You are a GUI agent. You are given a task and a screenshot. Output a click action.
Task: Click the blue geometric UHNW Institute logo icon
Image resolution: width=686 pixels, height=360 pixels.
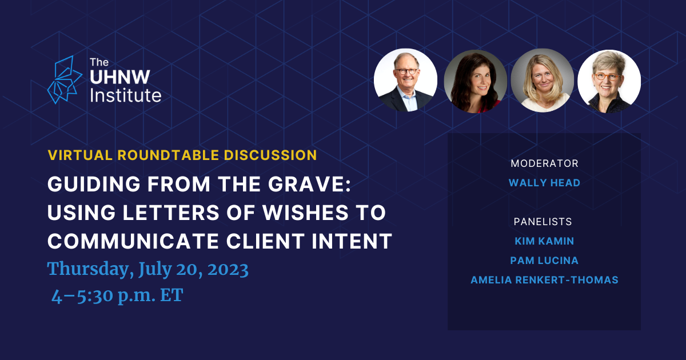coord(65,80)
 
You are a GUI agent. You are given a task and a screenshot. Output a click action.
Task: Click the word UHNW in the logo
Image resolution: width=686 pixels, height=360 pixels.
coord(120,77)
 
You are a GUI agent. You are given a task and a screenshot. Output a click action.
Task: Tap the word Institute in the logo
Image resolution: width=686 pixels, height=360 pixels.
coord(126,95)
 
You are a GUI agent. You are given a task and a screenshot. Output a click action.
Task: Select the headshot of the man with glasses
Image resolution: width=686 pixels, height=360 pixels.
coord(405,80)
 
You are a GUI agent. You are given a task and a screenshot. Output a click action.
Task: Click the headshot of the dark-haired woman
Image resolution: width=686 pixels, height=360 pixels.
coord(475,81)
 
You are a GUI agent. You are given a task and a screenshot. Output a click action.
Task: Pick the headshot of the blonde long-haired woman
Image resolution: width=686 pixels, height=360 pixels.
coord(543,80)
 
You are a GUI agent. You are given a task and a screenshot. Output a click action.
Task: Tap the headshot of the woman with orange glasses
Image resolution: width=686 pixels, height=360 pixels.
coord(609,81)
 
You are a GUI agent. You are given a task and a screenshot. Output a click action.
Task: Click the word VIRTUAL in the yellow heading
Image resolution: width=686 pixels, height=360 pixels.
coord(80,155)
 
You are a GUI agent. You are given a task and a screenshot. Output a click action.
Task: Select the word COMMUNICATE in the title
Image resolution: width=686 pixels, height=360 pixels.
coord(133,241)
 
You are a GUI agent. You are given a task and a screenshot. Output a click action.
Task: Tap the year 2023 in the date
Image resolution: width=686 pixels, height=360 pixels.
coord(228,270)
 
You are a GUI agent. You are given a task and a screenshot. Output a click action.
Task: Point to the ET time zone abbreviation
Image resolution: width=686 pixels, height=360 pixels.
coord(172,295)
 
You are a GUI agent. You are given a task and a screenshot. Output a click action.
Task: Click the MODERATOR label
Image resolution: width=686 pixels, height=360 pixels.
coord(544,163)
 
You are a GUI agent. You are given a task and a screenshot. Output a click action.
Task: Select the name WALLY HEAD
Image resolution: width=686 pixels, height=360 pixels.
coord(544,183)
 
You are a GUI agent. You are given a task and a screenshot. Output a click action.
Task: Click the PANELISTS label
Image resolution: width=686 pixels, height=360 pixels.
coord(543,222)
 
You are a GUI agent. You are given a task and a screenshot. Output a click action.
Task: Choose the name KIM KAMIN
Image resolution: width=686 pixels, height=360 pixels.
coord(544,241)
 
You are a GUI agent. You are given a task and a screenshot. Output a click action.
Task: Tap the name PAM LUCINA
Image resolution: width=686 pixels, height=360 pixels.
coord(544,261)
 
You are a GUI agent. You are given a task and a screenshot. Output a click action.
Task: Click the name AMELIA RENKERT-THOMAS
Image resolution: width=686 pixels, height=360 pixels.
coord(544,280)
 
